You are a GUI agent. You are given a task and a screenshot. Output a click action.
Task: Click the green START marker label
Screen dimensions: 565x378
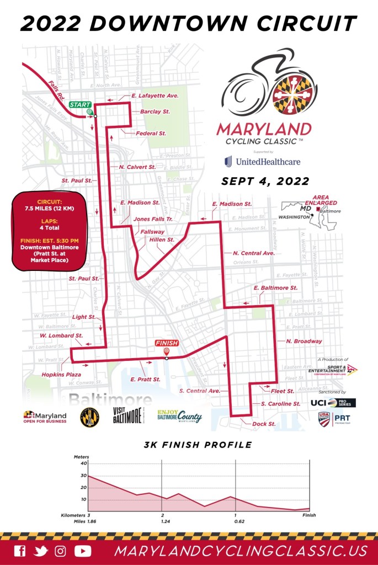pos(79,104)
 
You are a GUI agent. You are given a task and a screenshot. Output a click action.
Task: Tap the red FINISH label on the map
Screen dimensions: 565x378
pos(167,343)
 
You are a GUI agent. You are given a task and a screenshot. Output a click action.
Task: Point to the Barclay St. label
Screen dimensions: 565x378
pos(155,111)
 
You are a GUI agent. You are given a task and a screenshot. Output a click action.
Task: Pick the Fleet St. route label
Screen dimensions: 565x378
pos(283,391)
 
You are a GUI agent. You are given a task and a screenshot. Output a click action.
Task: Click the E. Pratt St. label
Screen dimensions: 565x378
pos(145,380)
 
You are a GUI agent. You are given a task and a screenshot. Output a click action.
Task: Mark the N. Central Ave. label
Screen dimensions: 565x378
pos(253,253)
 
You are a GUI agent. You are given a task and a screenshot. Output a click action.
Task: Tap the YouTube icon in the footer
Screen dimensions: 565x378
pos(83,550)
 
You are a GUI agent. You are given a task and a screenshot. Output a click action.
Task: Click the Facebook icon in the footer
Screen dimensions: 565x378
pos(19,550)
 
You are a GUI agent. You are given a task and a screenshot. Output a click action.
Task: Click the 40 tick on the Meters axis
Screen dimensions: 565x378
pos(83,463)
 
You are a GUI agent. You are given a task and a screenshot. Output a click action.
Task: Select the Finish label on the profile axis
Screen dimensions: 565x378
pos(309,515)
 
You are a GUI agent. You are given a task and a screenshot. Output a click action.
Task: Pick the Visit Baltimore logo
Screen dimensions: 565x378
pos(127,415)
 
